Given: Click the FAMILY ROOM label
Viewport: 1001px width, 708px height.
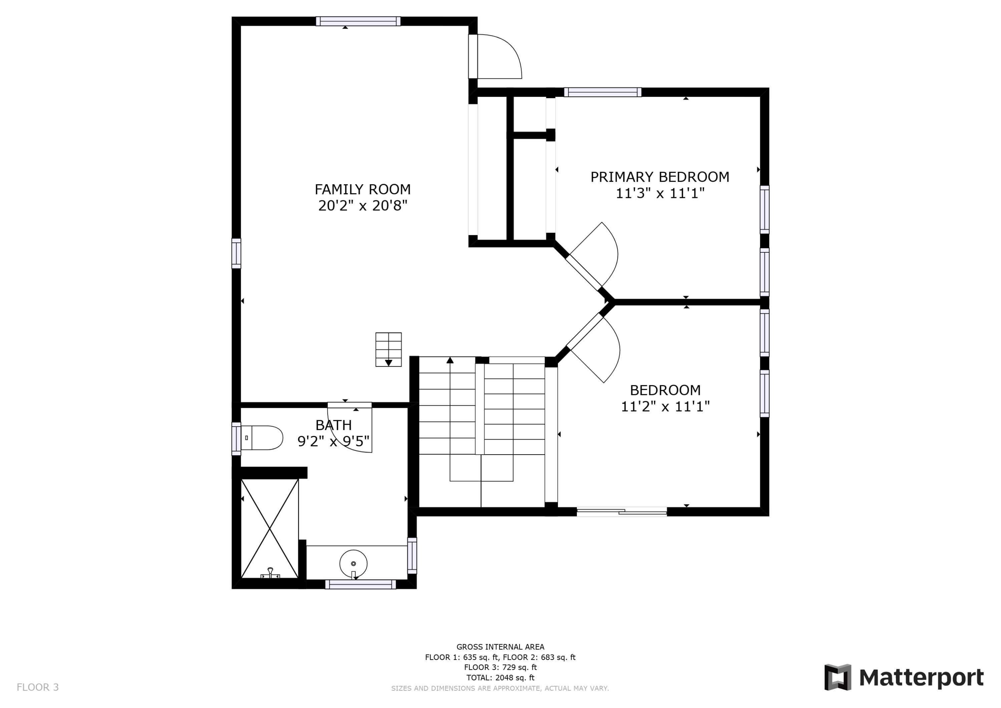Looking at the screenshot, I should [x=362, y=189].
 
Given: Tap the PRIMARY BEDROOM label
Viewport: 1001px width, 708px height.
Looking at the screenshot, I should [x=659, y=177].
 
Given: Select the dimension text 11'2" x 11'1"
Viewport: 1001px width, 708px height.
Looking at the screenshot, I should [x=665, y=407].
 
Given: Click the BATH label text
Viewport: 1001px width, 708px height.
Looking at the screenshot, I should [x=334, y=425].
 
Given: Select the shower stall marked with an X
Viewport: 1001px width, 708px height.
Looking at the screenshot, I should [x=269, y=528].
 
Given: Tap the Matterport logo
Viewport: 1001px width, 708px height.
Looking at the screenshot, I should [x=904, y=678].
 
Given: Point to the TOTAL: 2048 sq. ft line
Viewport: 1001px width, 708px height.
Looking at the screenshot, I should [x=500, y=678].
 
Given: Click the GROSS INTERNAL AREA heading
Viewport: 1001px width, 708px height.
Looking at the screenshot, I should [x=500, y=647].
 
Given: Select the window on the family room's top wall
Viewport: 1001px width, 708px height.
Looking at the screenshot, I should [x=358, y=21].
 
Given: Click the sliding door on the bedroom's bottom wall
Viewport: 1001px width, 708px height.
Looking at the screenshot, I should [x=622, y=512].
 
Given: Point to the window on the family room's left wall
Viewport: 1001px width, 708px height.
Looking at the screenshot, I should [x=236, y=253].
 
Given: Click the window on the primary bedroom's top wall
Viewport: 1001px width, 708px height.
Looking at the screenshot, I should [x=603, y=92].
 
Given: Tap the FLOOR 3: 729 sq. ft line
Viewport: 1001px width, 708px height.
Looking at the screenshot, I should [x=500, y=667].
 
